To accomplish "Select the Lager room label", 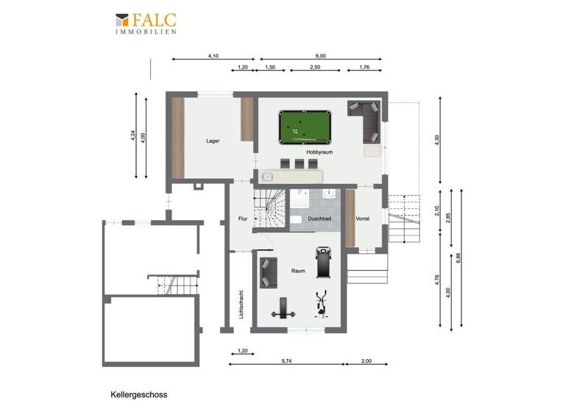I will [213, 141].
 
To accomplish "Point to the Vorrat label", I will [363, 219].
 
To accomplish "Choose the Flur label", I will [242, 219].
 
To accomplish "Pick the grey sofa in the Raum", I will [266, 273].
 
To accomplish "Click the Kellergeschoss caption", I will [139, 394].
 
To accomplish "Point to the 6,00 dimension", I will [320, 56].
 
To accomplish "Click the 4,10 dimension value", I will [214, 56].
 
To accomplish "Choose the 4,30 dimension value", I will [438, 140].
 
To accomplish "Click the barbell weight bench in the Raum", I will [281, 310].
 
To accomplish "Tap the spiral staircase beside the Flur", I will [269, 208].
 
